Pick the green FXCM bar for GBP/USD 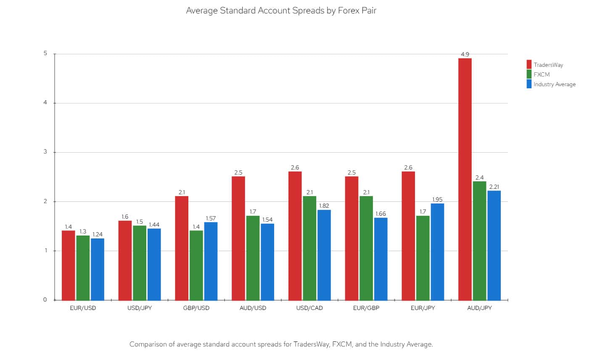[x=196, y=265]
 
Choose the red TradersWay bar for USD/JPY [x=125, y=260]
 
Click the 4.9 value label [x=465, y=54]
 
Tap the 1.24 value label [x=98, y=234]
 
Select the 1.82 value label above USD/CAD [x=324, y=206]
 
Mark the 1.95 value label [x=437, y=199]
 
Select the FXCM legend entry [x=541, y=74]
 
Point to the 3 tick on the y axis [x=45, y=152]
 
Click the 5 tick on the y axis [x=45, y=54]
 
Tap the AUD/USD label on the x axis [x=253, y=308]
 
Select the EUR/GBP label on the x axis [x=366, y=308]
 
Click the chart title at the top [x=281, y=11]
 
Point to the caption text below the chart [x=281, y=344]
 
